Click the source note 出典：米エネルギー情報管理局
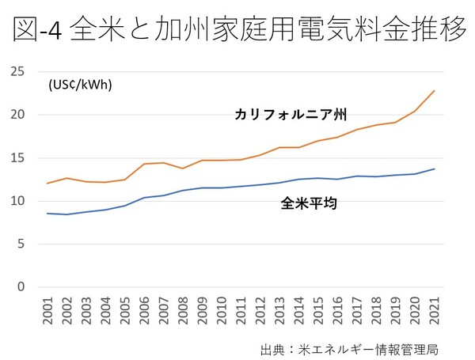(349, 349)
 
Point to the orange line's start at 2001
(48, 184)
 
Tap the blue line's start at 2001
(48, 214)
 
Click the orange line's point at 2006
(145, 164)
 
